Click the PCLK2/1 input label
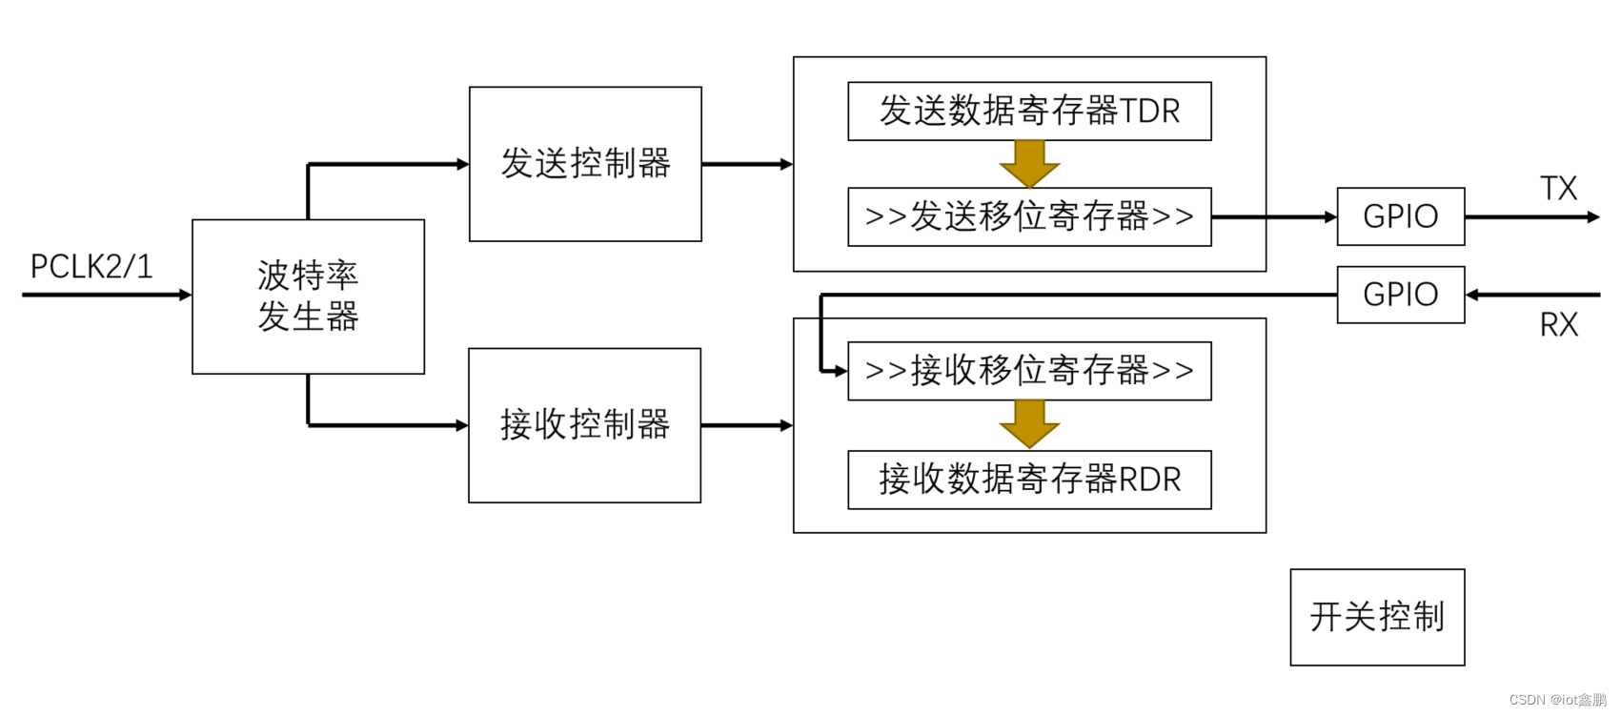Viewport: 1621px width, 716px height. (91, 267)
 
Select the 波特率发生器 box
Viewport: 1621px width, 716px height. (308, 297)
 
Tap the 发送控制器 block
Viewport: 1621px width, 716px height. (585, 164)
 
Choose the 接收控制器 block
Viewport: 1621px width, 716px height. (584, 425)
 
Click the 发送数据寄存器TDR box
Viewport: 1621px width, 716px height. (1029, 112)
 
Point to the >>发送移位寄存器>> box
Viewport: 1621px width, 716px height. (1029, 217)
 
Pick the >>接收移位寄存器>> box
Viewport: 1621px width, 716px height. (1029, 371)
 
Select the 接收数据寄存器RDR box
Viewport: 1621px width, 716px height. (1029, 480)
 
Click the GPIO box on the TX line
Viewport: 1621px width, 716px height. (1400, 216)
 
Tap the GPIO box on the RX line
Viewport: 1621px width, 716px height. (1400, 295)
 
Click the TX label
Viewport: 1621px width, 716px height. (1559, 189)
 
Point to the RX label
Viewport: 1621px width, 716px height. (1559, 325)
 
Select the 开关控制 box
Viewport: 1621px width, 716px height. (1377, 617)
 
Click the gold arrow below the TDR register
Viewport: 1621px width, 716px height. (1029, 165)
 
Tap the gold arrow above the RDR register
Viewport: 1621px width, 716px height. (1029, 424)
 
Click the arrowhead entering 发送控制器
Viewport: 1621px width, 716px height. (463, 164)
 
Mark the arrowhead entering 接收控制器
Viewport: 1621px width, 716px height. (462, 425)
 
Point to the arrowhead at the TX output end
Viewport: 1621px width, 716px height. (1594, 217)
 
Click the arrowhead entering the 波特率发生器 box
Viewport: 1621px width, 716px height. (186, 295)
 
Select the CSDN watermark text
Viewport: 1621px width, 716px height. (1557, 700)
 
